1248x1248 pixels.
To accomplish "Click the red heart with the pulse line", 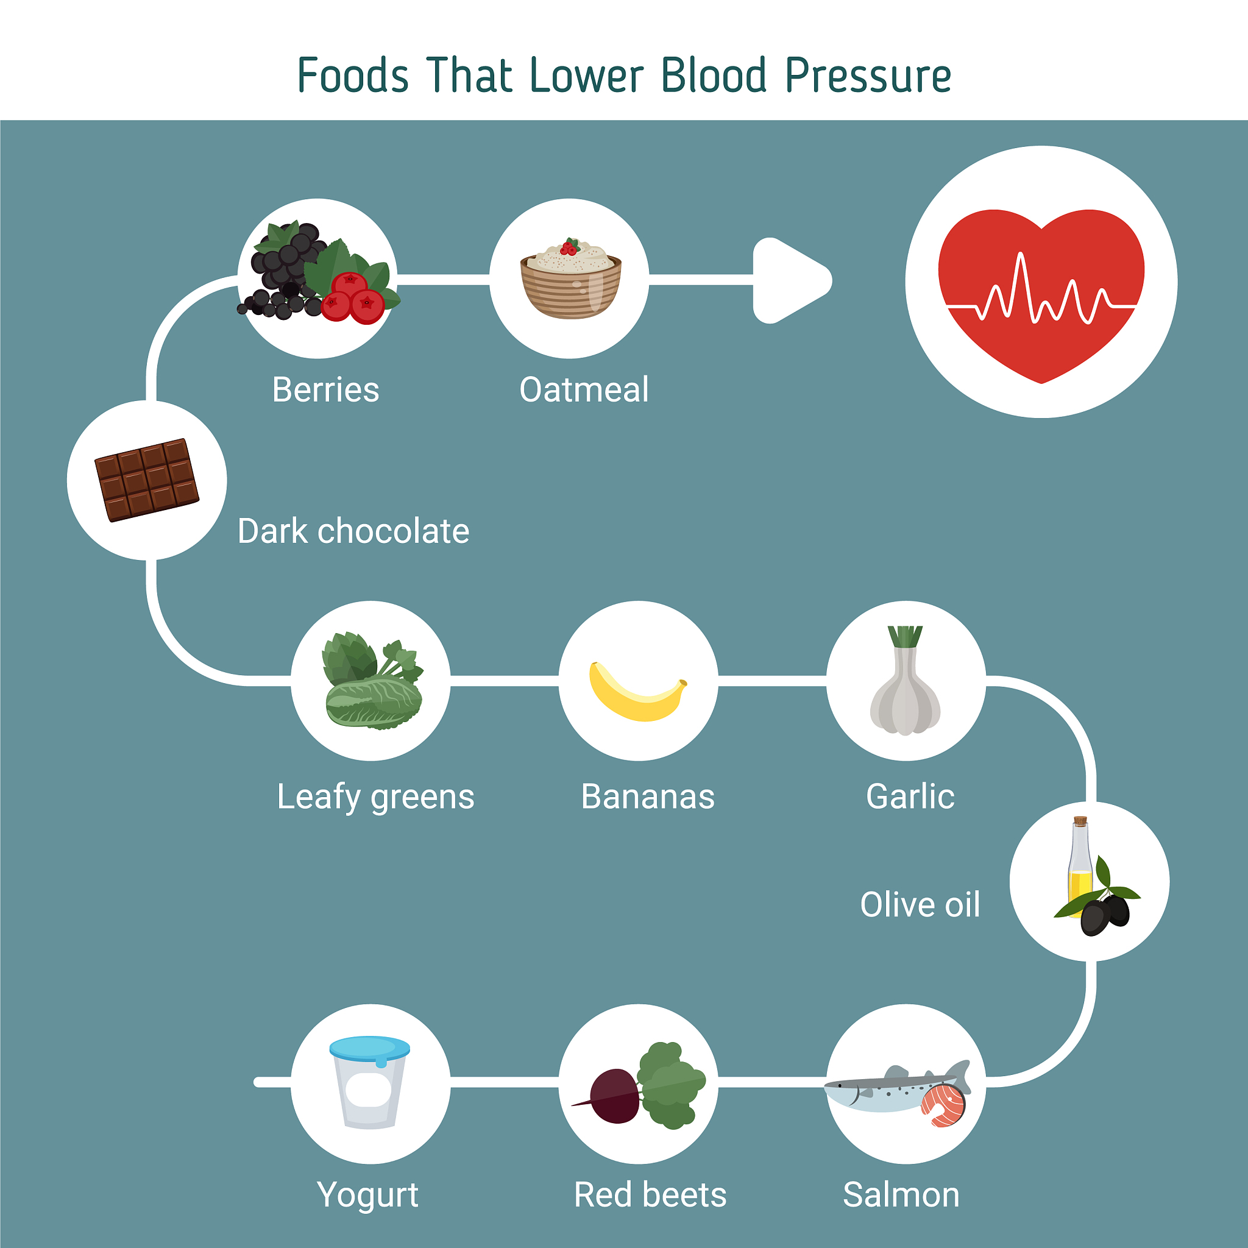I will pos(1041,291).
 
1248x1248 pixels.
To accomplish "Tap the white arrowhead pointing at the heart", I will pos(788,280).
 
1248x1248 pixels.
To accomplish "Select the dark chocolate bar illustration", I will pos(147,480).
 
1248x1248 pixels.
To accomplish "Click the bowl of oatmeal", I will pos(571,284).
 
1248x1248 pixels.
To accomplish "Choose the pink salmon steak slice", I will pos(943,1105).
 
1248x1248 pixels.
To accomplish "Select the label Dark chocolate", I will pos(353,531).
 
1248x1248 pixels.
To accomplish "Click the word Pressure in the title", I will pos(868,76).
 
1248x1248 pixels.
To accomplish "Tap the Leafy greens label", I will pos(375,796).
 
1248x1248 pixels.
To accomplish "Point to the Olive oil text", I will pos(920,904).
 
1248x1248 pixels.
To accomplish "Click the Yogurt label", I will pos(367,1194).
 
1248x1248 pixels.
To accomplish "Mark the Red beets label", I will pos(650,1194).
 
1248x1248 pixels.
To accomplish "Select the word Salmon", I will pos(901,1194).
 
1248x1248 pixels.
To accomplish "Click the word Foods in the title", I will pos(353,76).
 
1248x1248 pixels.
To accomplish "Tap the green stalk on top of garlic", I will pos(905,636).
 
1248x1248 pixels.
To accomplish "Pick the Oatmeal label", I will pos(584,389).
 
